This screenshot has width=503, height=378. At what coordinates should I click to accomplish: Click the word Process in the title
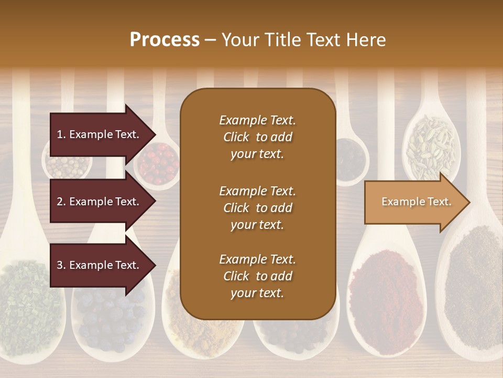point(165,40)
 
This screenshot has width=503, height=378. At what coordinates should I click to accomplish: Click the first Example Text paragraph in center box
point(257,137)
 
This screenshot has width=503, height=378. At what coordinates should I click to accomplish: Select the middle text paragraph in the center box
point(257,208)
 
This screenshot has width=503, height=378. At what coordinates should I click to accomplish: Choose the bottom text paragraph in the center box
point(257,276)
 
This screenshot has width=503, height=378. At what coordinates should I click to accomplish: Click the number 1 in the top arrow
point(59,134)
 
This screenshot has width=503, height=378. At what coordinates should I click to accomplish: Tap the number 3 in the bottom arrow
point(59,266)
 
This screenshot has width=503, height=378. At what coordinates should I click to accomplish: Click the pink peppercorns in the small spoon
point(160,163)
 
